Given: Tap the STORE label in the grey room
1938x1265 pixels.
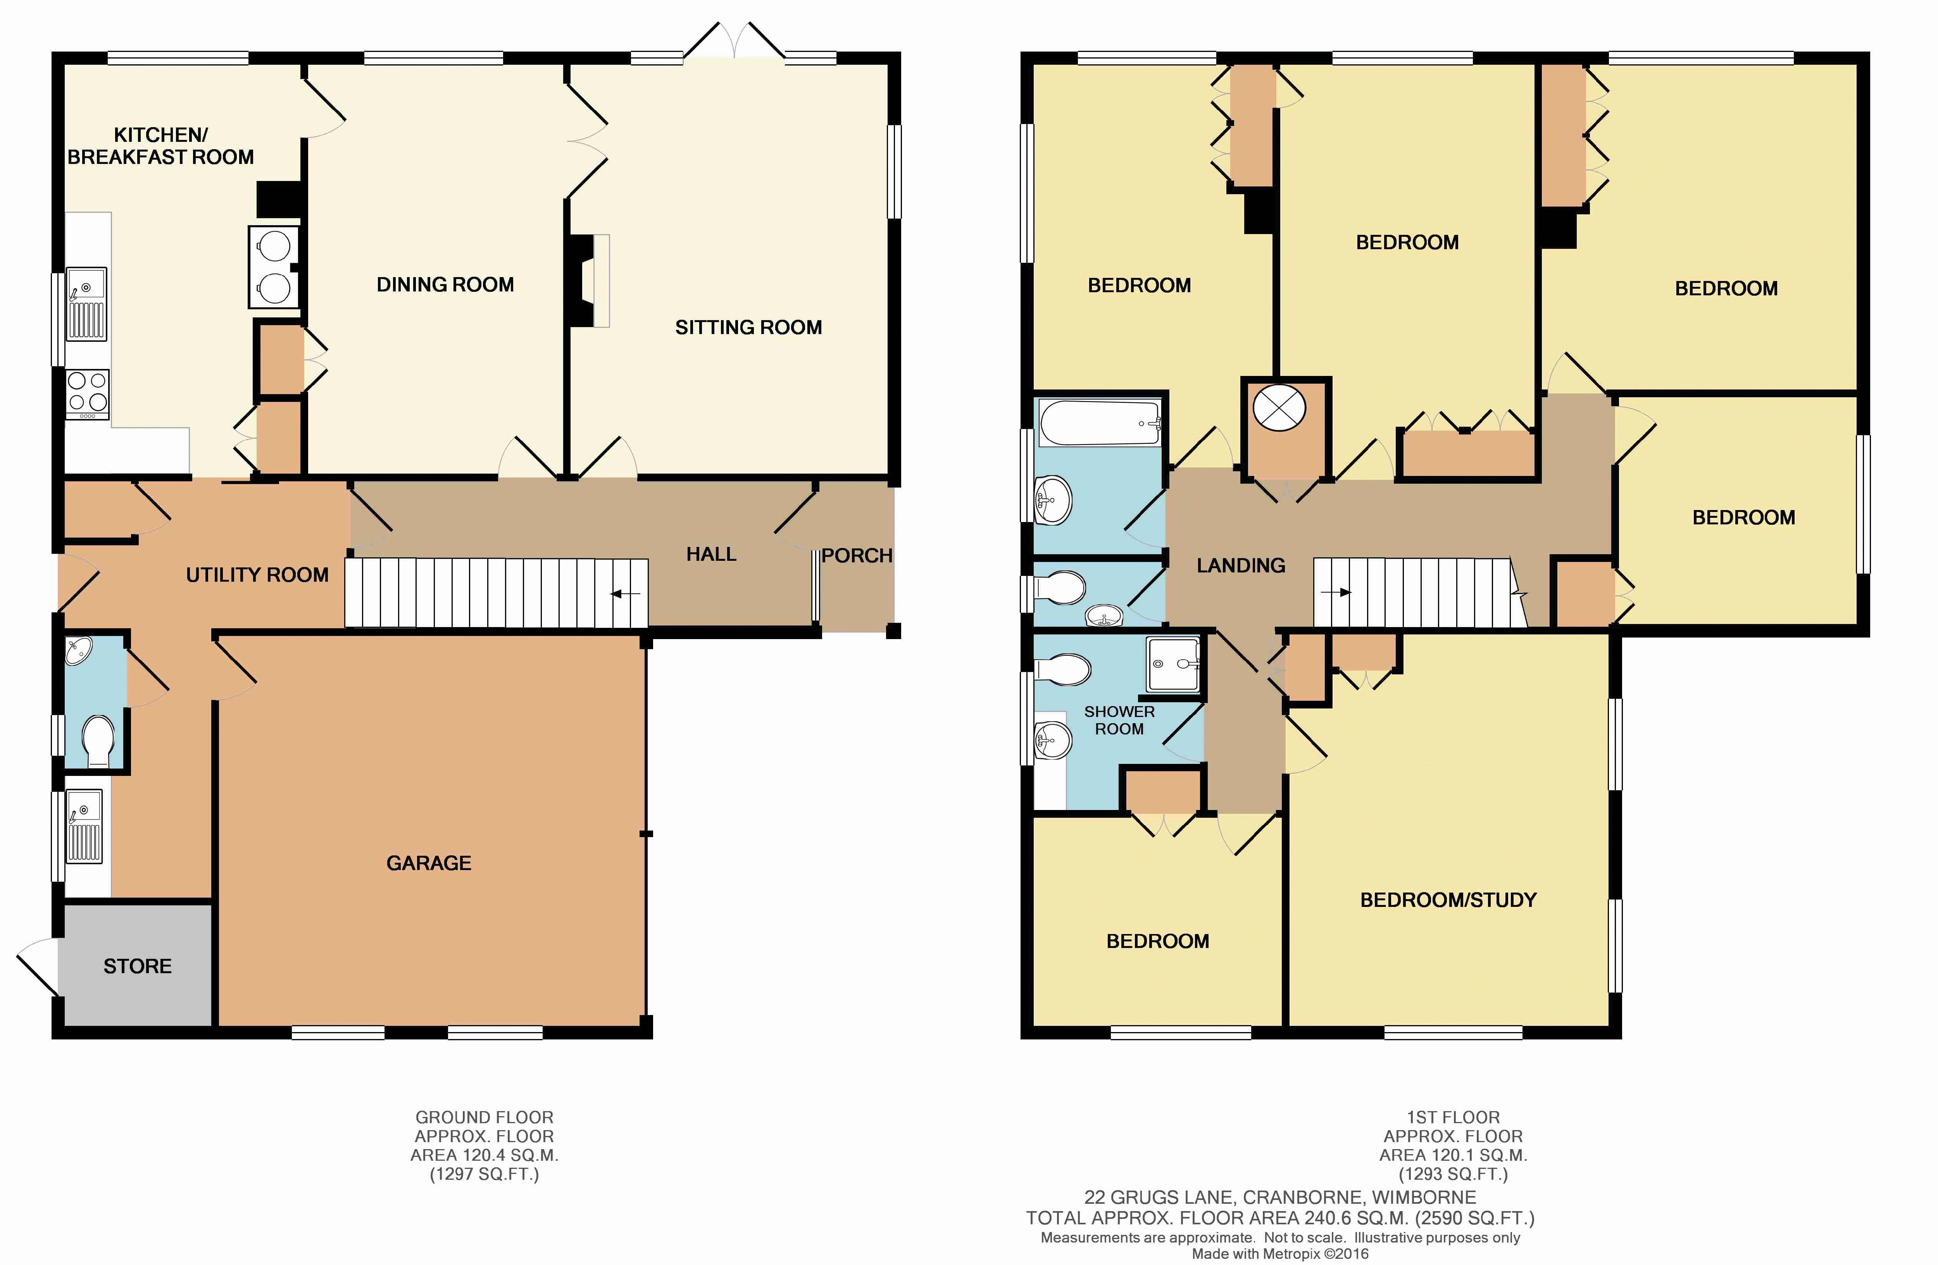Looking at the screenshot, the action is [x=138, y=966].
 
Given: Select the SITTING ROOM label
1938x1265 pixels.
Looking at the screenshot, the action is [x=748, y=327].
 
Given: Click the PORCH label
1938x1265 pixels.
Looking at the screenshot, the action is [x=857, y=556].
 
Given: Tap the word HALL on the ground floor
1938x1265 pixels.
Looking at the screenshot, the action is [x=711, y=554].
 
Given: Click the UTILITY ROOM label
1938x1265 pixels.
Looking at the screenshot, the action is [x=257, y=575].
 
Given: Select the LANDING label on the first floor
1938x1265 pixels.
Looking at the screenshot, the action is [x=1241, y=565].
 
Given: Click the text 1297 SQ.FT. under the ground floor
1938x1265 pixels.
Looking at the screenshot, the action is [x=484, y=1174].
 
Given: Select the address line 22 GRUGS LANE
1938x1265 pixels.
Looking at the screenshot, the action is [x=1280, y=1198].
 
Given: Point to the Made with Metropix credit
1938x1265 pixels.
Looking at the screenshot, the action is [x=1280, y=1254].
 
